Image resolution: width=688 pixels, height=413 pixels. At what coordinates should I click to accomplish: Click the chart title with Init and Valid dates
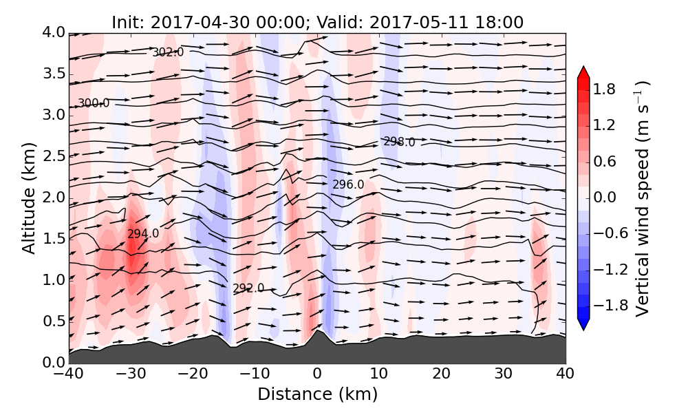(x=317, y=22)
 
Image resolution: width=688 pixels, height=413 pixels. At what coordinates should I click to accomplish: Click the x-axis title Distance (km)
(x=317, y=394)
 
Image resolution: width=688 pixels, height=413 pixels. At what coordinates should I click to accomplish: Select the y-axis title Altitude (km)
(x=28, y=198)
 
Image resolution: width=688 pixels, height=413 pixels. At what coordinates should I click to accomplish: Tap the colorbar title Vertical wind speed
(x=642, y=198)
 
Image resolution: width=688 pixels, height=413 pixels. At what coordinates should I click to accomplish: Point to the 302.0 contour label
(x=168, y=52)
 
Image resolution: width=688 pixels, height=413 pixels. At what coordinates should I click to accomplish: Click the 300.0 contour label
(x=93, y=103)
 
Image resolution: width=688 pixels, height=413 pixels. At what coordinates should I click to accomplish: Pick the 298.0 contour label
(x=399, y=142)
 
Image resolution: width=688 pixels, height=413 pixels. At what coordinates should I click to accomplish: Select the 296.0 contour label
(x=348, y=184)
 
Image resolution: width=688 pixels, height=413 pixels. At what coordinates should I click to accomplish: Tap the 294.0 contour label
(x=143, y=234)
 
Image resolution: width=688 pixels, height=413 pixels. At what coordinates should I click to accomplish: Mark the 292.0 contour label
(x=248, y=288)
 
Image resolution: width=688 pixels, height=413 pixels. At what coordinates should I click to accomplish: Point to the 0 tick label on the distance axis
(x=317, y=374)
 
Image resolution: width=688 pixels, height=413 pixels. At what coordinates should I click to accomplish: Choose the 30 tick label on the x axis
(x=504, y=374)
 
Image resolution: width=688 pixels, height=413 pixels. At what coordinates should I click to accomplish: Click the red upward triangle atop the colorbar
(x=583, y=72)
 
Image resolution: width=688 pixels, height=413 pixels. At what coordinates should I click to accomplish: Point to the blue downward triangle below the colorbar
(x=583, y=325)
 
